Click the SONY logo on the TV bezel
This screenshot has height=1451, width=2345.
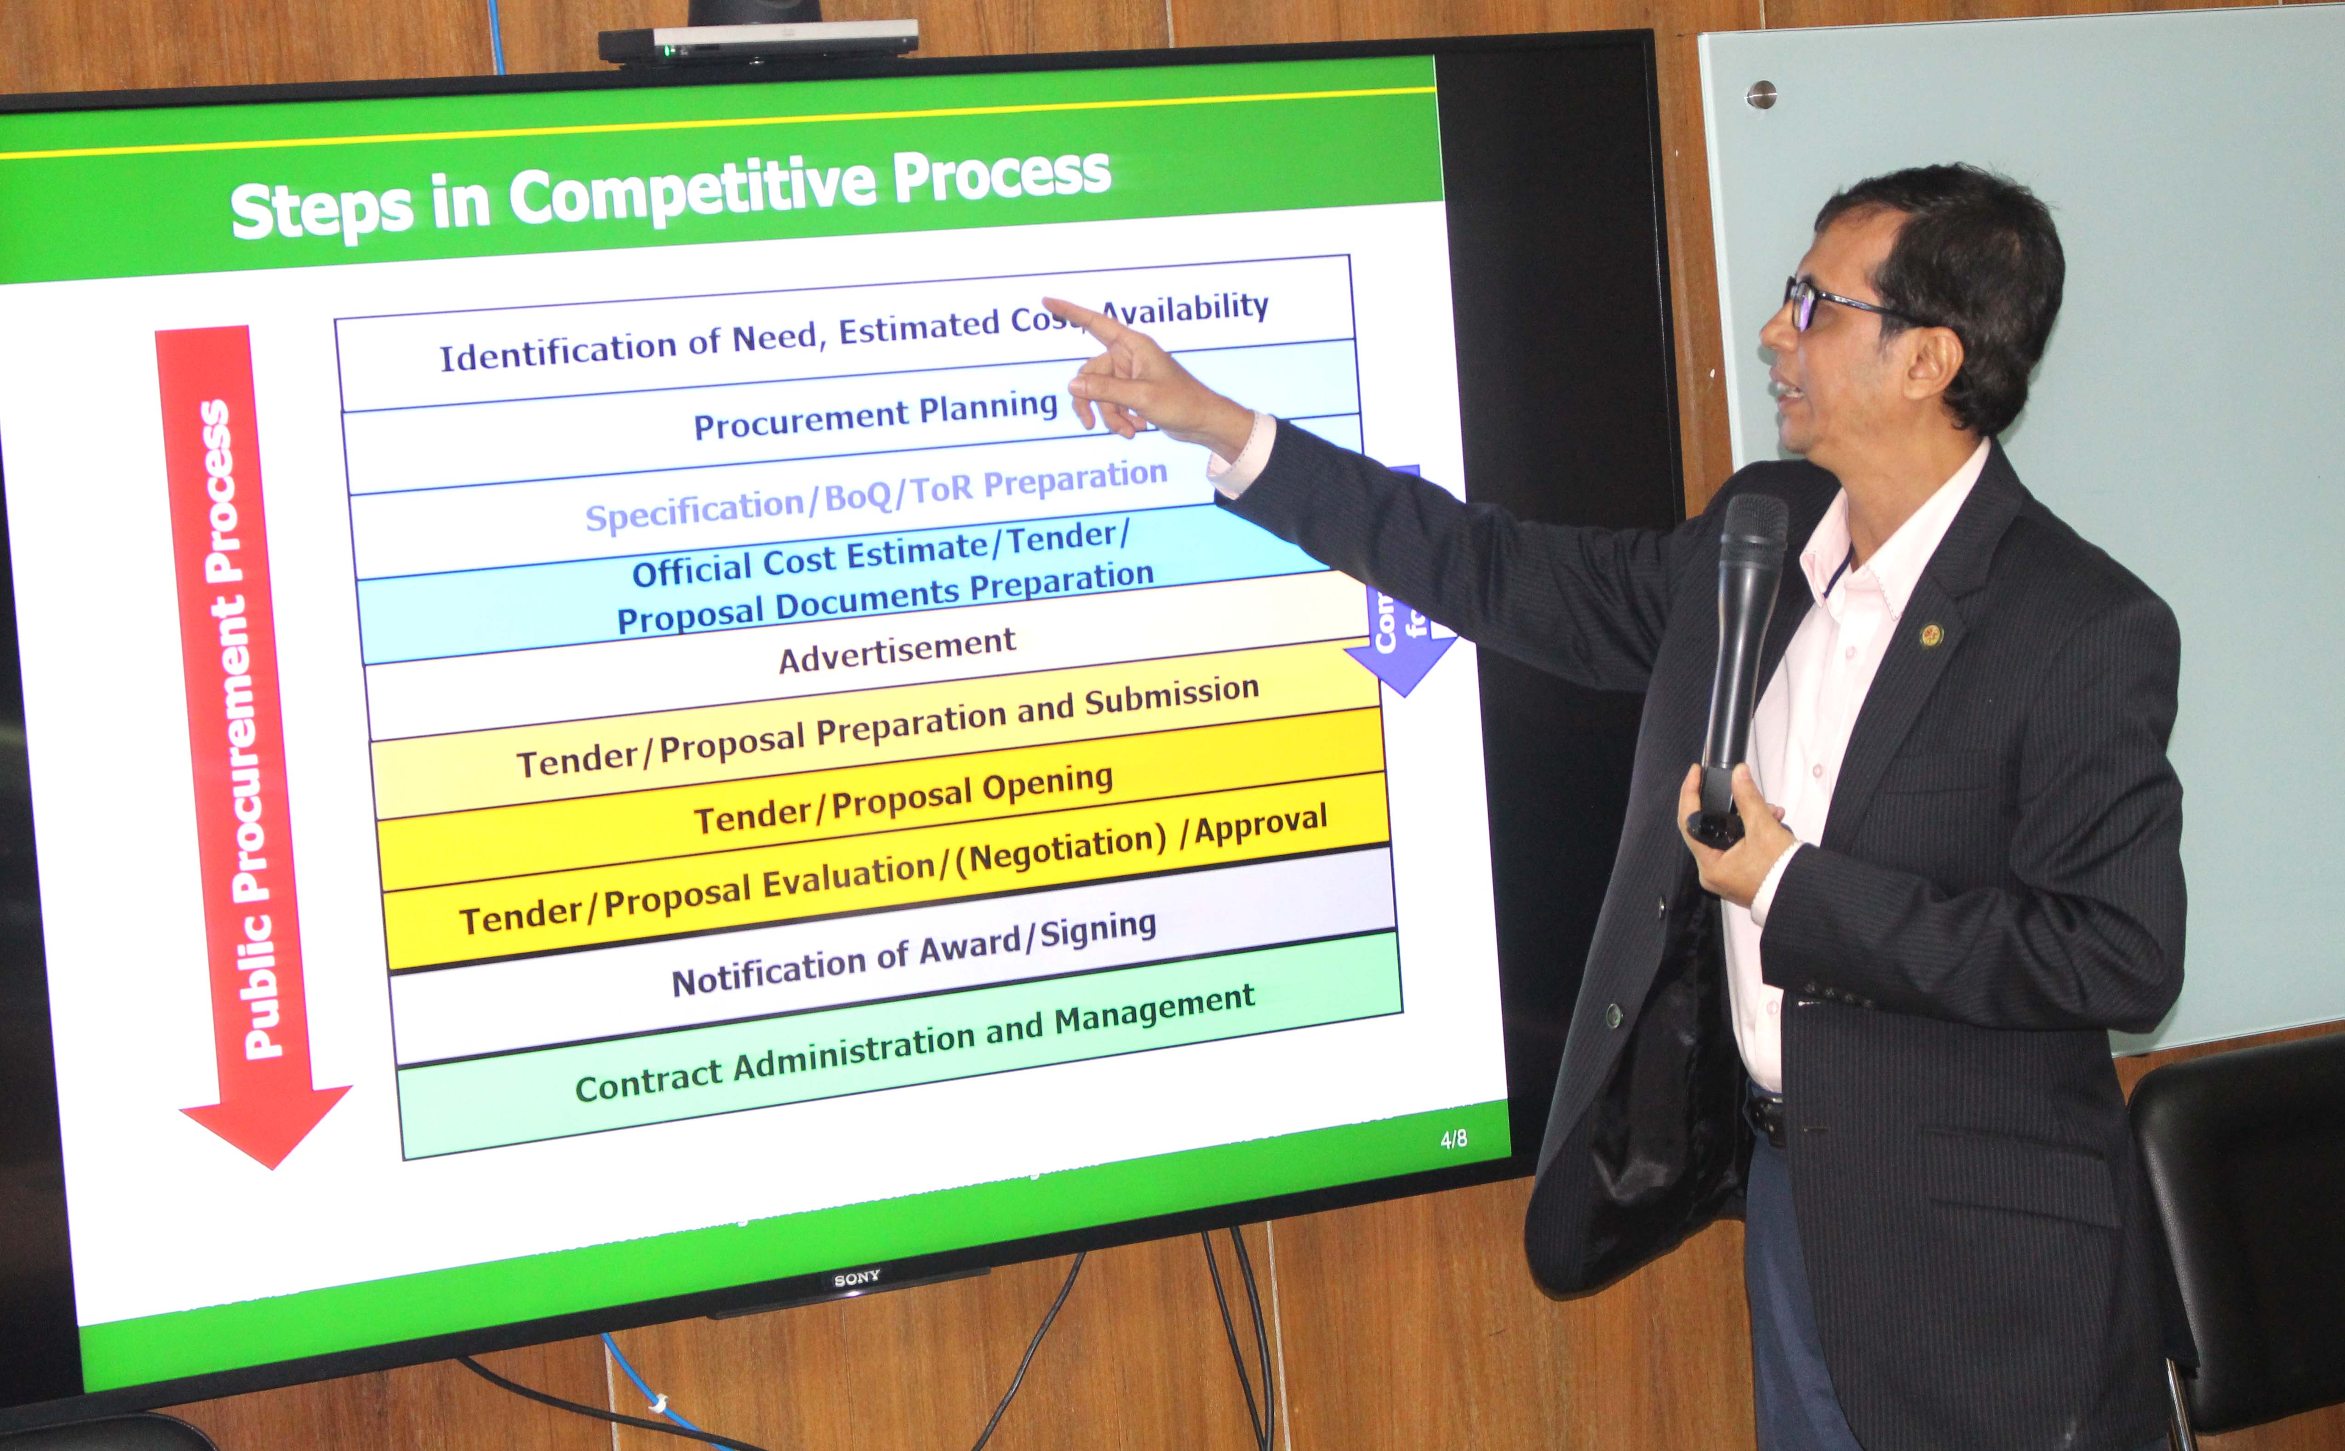coord(856,1278)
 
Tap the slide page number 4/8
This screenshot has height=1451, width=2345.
coord(1453,1139)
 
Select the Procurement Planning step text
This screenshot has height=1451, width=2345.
coord(875,416)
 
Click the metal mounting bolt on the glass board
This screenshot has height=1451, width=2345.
coord(1761,95)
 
